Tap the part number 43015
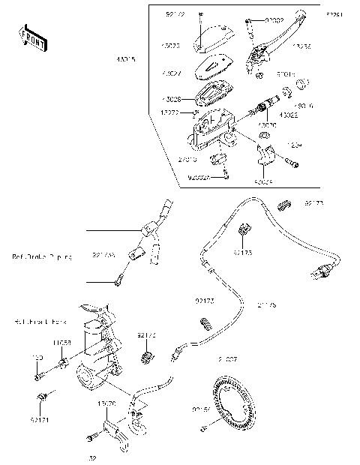pyautogui.click(x=124, y=59)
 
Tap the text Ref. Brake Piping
pyautogui.click(x=42, y=257)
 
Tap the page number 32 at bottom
pyautogui.click(x=92, y=457)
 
